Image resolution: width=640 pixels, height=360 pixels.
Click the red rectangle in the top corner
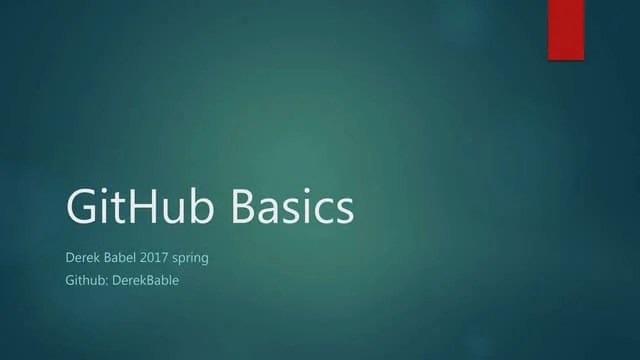565,29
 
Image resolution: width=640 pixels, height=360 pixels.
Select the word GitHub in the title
142,207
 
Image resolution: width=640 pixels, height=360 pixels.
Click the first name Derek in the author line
83,258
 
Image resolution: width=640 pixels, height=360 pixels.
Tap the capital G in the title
83,207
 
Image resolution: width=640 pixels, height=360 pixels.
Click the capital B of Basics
246,207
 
